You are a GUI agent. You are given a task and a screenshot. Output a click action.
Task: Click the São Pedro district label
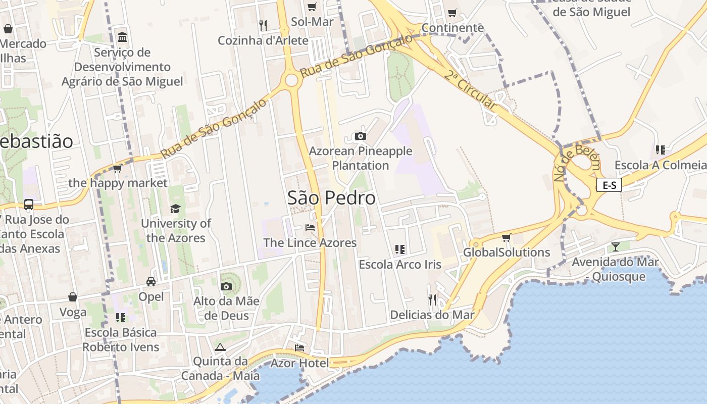[x=331, y=198]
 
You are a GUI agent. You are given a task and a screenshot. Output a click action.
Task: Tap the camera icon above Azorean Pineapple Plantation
[x=360, y=136]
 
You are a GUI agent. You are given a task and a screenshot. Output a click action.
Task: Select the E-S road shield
[x=609, y=185]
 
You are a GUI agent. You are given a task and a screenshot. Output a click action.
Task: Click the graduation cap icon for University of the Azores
[x=175, y=209]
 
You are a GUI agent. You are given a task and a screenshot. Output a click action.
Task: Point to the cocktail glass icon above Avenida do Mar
[x=615, y=246]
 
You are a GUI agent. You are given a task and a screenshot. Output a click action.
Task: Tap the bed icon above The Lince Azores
[x=310, y=228]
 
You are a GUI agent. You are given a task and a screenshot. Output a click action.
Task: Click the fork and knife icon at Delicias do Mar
[x=432, y=300]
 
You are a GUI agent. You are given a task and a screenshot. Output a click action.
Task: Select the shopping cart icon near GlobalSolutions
[x=507, y=237]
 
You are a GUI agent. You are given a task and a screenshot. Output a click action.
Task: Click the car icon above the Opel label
[x=151, y=281]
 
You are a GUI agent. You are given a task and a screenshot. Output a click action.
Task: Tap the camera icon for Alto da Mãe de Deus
[x=226, y=287]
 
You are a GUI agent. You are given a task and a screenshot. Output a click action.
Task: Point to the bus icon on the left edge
[x=29, y=205]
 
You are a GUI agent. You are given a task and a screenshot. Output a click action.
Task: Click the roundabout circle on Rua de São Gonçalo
[x=291, y=80]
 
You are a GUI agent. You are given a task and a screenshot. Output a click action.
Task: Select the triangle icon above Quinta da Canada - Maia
[x=220, y=347]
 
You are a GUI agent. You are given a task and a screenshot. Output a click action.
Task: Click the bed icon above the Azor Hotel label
[x=299, y=348]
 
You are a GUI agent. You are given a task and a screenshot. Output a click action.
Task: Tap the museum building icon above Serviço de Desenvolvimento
[x=122, y=37]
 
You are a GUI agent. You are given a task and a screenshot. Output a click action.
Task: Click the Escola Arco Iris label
[x=400, y=264]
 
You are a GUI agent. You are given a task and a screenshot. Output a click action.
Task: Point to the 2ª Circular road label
[x=470, y=90]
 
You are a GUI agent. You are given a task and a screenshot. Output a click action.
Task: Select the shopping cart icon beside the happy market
[x=118, y=169]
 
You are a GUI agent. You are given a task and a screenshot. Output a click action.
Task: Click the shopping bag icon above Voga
[x=73, y=297]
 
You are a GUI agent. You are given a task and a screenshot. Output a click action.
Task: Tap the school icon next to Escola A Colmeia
[x=660, y=150]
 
